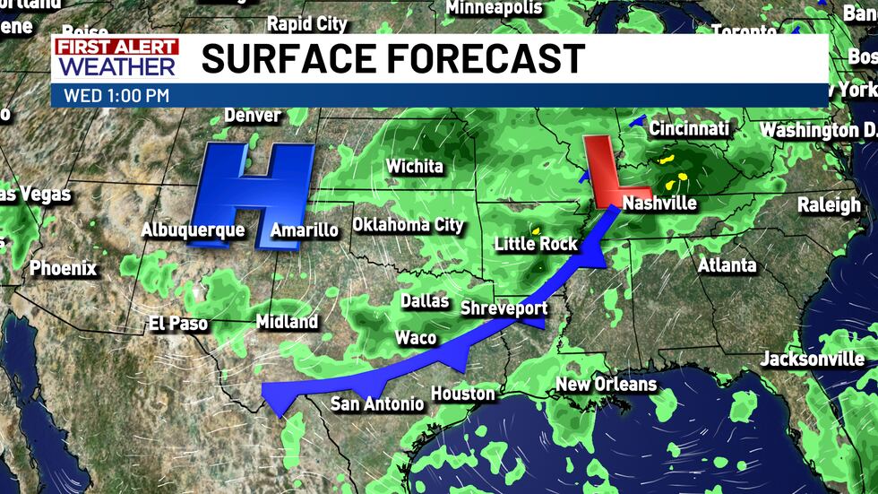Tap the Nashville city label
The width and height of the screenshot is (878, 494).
659,203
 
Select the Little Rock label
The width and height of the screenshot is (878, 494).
536,244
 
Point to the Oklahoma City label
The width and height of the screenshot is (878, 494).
408,224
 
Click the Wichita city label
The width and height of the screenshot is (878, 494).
414,167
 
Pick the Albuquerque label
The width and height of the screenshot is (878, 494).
193,230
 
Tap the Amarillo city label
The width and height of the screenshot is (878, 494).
305,230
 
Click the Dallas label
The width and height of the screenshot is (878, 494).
425,301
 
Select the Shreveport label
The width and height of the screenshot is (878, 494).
503,308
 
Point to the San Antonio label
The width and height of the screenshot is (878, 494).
377,404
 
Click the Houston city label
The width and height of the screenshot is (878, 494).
463,394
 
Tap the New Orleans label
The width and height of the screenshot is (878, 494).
606,385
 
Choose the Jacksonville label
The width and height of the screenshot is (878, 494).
813,360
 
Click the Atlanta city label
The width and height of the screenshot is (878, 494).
727,265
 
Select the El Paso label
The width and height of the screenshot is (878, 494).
178,324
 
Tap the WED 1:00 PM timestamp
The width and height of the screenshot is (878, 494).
117,95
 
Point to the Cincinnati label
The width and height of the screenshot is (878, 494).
689,129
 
